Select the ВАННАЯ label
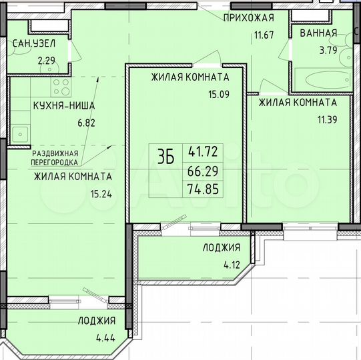point(318,33)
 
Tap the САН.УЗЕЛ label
point(33,44)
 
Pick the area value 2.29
point(47,61)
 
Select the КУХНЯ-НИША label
point(64,106)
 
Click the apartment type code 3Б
point(165,157)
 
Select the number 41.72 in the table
point(202,151)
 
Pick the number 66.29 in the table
point(202,171)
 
